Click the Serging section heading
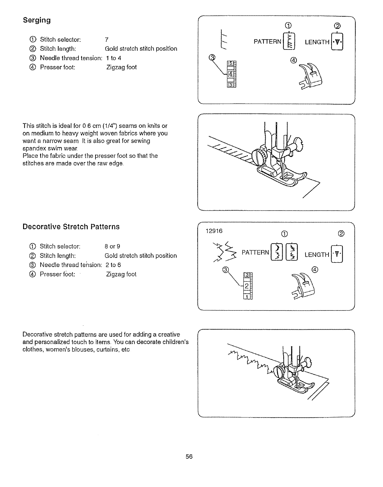click(37, 20)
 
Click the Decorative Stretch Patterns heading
click(71, 227)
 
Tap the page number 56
click(189, 457)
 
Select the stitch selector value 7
click(107, 40)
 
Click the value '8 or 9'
click(112, 246)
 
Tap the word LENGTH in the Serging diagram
click(317, 42)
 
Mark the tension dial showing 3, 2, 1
click(247, 286)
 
